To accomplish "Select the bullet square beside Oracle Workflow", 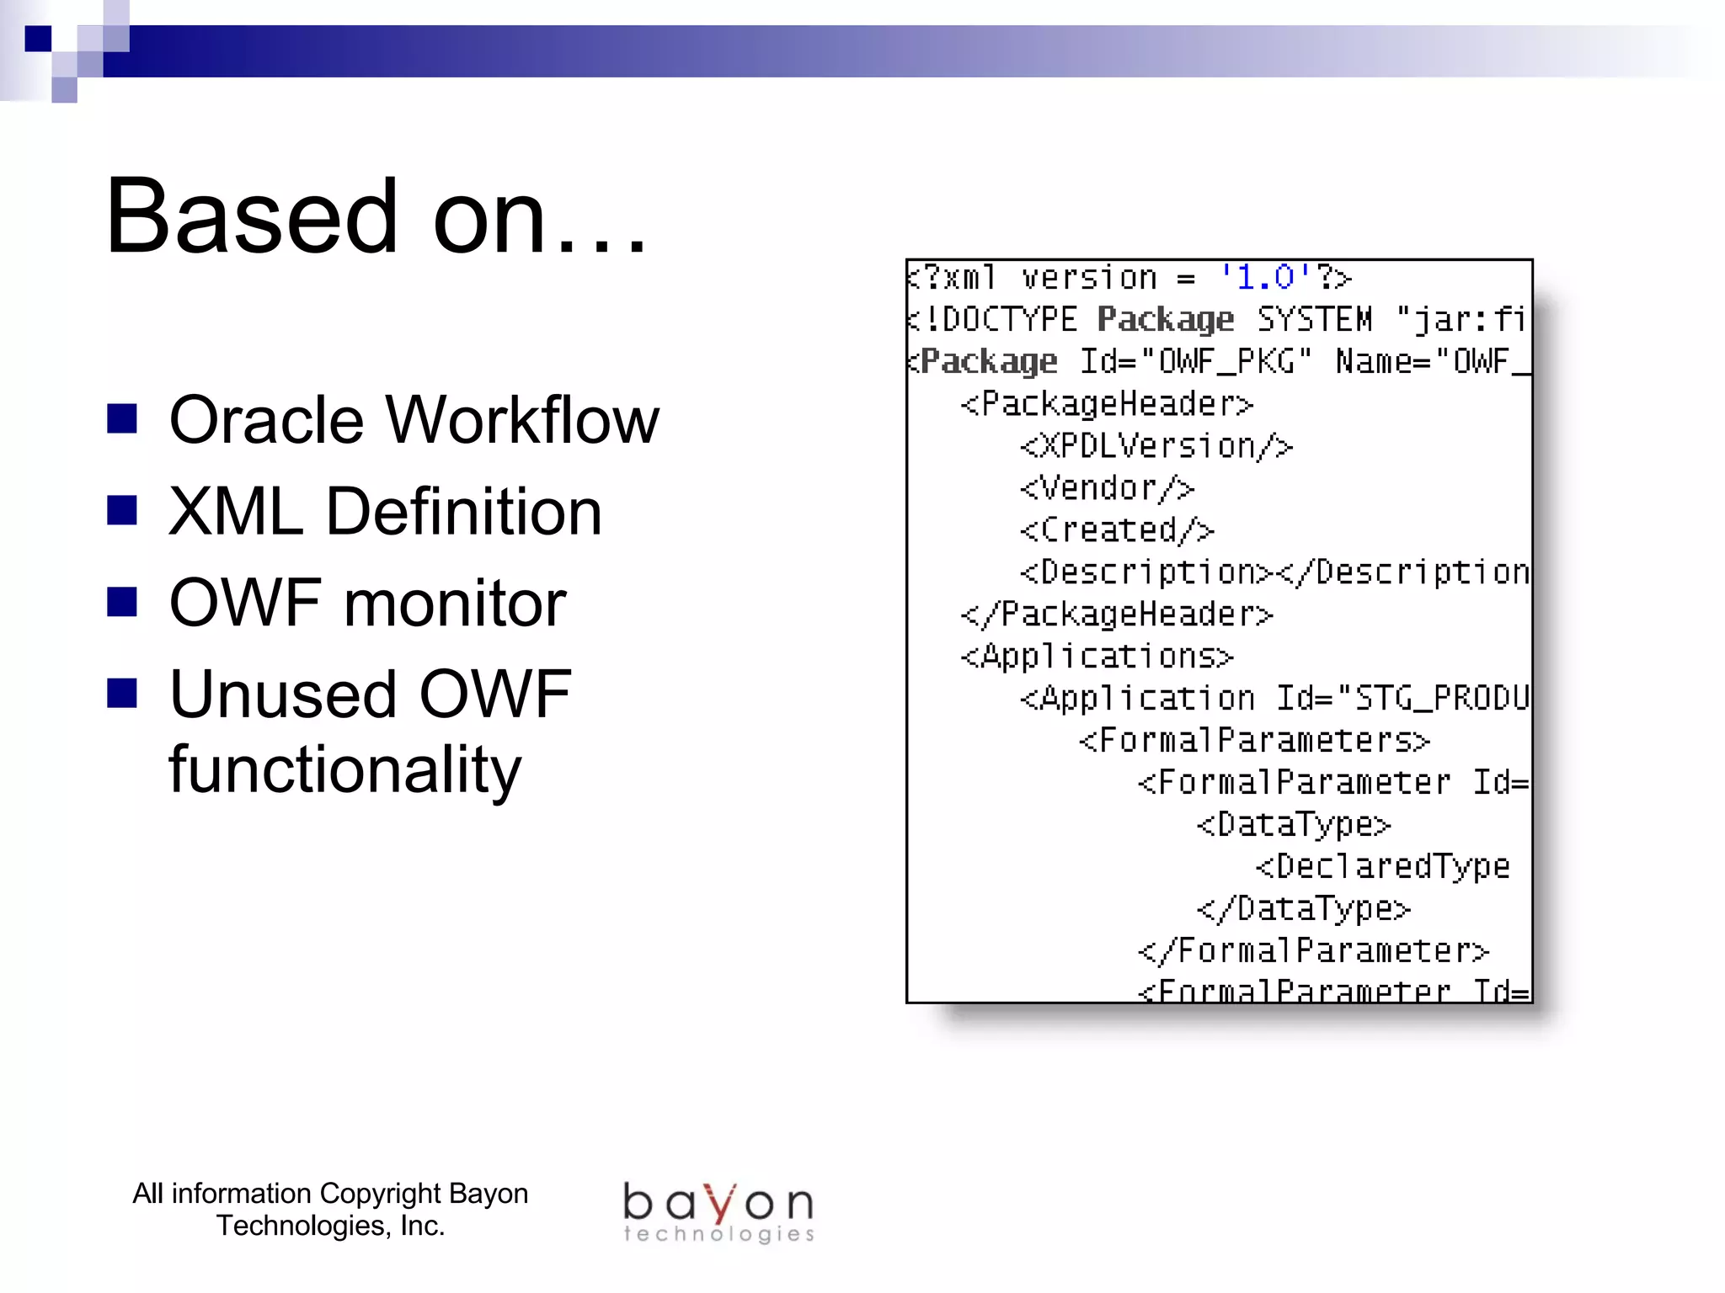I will (122, 418).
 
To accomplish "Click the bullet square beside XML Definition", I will (122, 509).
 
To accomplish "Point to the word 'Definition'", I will (463, 512).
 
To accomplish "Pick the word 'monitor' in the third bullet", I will (455, 604).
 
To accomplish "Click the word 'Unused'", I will (282, 694).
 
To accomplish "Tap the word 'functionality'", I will (344, 769).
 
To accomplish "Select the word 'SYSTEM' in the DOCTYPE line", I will (1314, 320).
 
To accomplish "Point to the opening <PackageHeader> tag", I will (1107, 404).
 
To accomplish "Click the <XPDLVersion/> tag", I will (1156, 446).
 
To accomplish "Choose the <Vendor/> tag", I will (1107, 488).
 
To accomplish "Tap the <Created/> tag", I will (1117, 530).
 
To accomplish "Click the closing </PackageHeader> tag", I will (1117, 615).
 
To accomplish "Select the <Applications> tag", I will (1097, 657).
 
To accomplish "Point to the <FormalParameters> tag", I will (1254, 741).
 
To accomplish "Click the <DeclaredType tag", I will (1382, 867).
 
